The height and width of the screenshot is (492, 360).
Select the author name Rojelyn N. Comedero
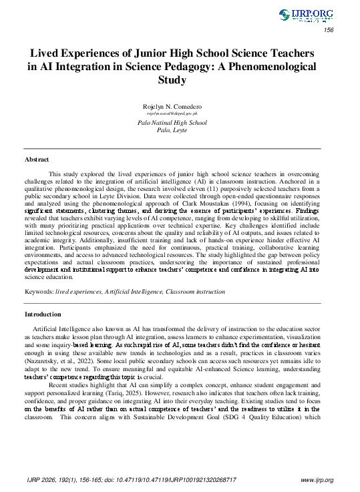tap(172, 107)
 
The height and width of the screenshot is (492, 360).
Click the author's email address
tap(172, 115)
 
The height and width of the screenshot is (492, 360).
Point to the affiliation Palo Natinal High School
tap(172, 123)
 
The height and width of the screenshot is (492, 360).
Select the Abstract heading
tap(37, 160)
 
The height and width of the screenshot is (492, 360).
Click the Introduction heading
tap(43, 314)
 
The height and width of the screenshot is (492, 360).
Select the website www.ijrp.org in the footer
tap(317, 479)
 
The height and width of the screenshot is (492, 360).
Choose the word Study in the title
tap(172, 80)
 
